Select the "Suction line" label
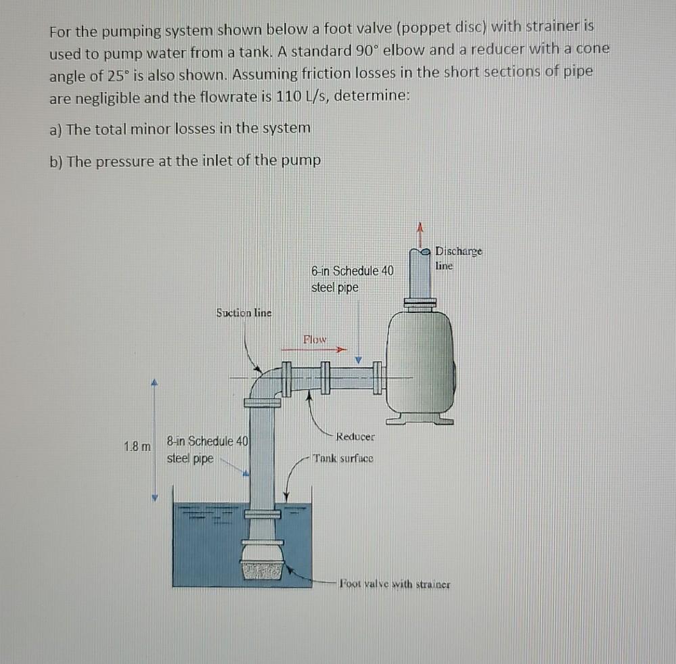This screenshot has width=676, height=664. point(244,312)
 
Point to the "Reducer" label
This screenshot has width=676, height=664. point(355,436)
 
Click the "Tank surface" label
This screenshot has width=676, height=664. point(343,458)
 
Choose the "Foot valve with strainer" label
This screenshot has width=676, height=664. point(395,584)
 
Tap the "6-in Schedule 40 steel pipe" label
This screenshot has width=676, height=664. point(352,279)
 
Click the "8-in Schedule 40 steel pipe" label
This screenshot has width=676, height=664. point(207,450)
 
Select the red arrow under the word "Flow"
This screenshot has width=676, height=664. point(315,350)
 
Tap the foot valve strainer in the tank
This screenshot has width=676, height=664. point(263,567)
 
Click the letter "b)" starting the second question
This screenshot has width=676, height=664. point(56,161)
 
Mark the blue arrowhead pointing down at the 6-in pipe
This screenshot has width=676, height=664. point(359,360)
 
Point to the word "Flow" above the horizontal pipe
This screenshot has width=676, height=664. point(315,339)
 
